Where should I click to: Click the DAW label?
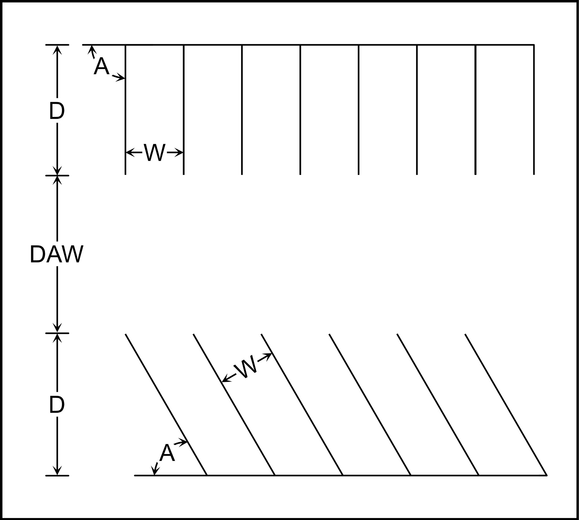coord(57,254)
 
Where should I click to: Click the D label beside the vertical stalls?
coord(57,111)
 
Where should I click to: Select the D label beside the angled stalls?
coord(57,405)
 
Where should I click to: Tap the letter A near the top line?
coord(101,66)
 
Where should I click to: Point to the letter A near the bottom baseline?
coord(167,453)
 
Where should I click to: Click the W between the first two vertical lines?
coord(154,152)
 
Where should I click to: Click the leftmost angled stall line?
coord(166,405)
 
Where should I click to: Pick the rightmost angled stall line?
coord(506,405)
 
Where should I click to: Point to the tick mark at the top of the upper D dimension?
coord(57,45)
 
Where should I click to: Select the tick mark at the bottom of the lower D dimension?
coord(57,475)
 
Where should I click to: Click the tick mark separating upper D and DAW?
coord(57,176)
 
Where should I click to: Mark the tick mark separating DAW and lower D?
coord(57,333)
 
